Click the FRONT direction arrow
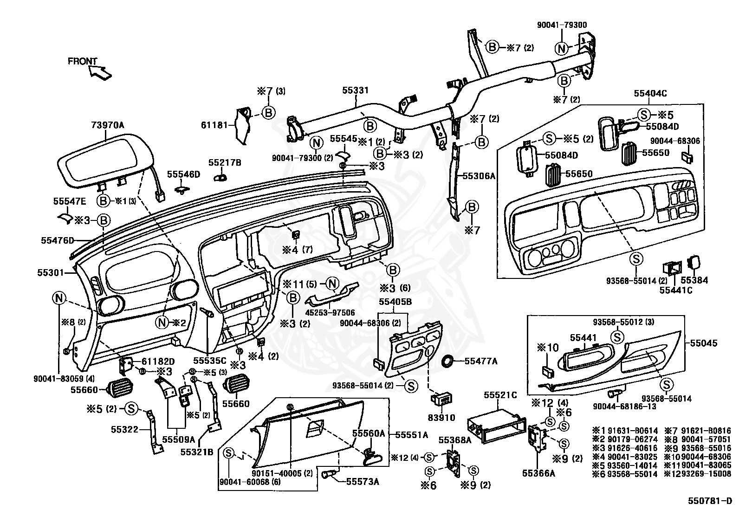[100, 72]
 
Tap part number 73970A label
[108, 125]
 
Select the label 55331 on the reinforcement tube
[355, 90]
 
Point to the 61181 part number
[214, 125]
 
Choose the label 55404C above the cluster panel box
[650, 93]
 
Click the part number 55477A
[481, 361]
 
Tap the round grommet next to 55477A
[449, 361]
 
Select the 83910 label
[441, 418]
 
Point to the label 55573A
[363, 482]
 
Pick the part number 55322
[124, 430]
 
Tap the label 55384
[694, 280]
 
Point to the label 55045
[704, 343]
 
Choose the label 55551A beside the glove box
[411, 435]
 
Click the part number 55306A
[479, 176]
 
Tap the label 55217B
[225, 162]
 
